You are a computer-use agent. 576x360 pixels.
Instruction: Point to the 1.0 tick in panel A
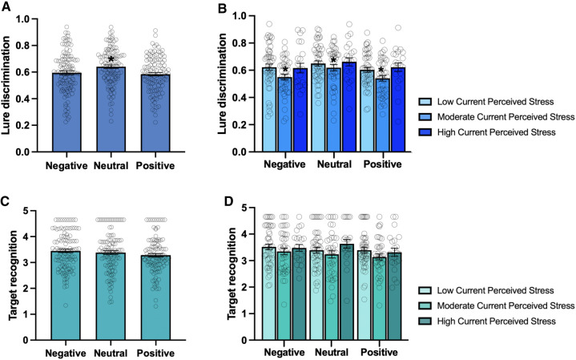click(x=32, y=18)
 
